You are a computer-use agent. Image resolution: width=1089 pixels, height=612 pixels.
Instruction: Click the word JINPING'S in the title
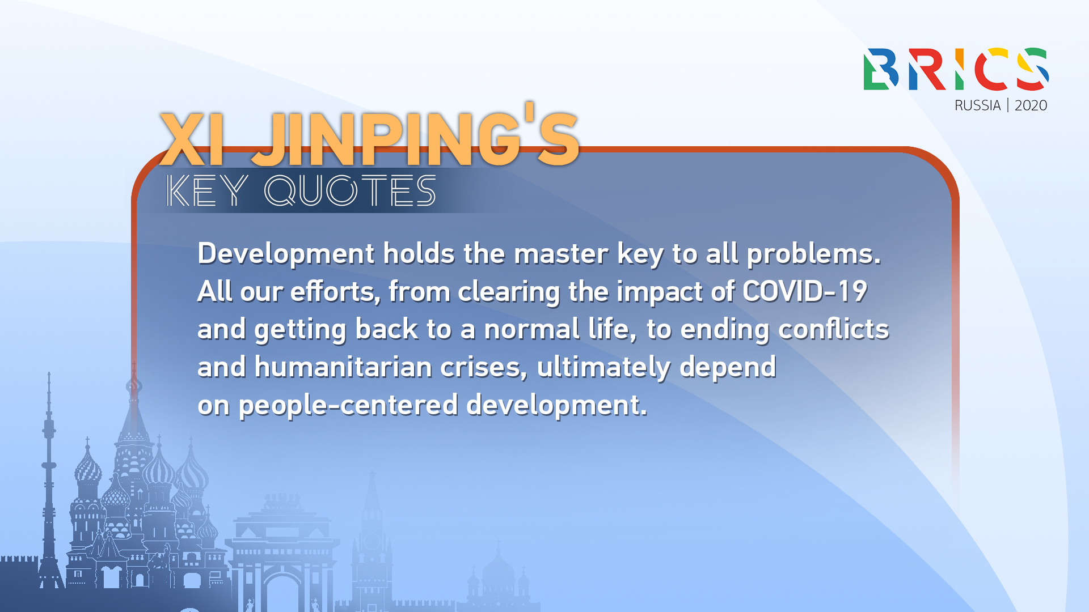point(416,135)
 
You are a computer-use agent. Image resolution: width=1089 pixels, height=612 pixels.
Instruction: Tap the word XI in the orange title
point(192,139)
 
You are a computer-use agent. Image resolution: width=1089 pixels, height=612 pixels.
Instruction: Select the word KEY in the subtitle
point(207,190)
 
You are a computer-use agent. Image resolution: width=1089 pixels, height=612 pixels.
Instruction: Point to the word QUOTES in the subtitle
point(350,190)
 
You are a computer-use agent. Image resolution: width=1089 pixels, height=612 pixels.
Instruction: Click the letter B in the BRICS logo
point(881,69)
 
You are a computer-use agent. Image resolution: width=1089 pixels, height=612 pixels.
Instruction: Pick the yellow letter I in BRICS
point(959,69)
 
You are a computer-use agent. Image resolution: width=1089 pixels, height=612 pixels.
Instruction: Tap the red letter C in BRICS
point(991,69)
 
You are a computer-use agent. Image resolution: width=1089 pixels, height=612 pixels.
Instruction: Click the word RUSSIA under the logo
point(977,105)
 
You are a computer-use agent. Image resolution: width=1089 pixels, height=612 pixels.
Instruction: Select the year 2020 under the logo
point(1031,105)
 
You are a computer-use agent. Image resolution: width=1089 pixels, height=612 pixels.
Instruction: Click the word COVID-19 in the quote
point(805,291)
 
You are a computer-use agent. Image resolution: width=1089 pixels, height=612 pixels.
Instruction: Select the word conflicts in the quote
point(833,329)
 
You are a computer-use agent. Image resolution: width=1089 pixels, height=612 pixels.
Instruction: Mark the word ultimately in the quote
point(603,368)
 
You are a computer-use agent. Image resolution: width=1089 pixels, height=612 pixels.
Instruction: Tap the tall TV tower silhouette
point(49,482)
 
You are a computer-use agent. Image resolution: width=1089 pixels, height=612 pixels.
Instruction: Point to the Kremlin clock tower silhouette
point(372,544)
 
